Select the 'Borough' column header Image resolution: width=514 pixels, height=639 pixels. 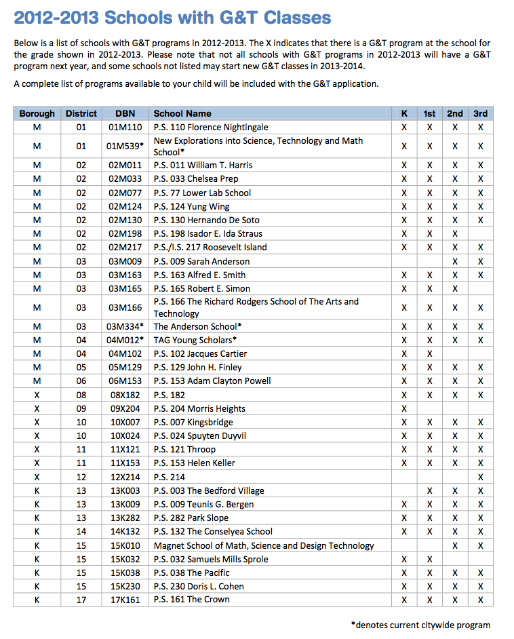[x=37, y=114]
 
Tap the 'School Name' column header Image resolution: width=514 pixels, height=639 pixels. [x=182, y=114]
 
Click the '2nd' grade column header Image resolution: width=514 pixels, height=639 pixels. [x=455, y=114]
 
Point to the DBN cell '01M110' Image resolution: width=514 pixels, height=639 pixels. [x=125, y=128]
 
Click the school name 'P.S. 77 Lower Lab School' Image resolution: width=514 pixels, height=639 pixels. [x=202, y=193]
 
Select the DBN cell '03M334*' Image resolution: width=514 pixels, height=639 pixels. [x=125, y=327]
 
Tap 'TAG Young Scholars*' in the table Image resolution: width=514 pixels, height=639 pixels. [x=195, y=341]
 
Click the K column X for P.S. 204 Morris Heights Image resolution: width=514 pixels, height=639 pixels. [x=404, y=409]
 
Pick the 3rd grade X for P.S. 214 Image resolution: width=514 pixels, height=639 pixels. [x=481, y=477]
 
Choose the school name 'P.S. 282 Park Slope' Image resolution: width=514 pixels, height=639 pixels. [x=191, y=518]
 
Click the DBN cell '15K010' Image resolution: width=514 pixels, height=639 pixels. [x=125, y=545]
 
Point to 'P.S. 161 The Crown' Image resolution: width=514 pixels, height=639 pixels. [x=191, y=600]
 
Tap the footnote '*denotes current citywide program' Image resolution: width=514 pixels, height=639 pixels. [x=420, y=625]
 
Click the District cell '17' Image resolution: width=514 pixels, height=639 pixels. [x=81, y=600]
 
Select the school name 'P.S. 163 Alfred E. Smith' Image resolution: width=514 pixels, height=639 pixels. [x=199, y=275]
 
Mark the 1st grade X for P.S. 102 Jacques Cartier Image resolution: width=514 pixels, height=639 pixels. [x=429, y=354]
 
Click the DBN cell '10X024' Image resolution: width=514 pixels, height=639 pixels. [x=125, y=436]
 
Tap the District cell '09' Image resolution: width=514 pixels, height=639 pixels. [x=81, y=409]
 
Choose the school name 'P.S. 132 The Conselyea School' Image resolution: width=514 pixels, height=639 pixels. [x=213, y=532]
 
